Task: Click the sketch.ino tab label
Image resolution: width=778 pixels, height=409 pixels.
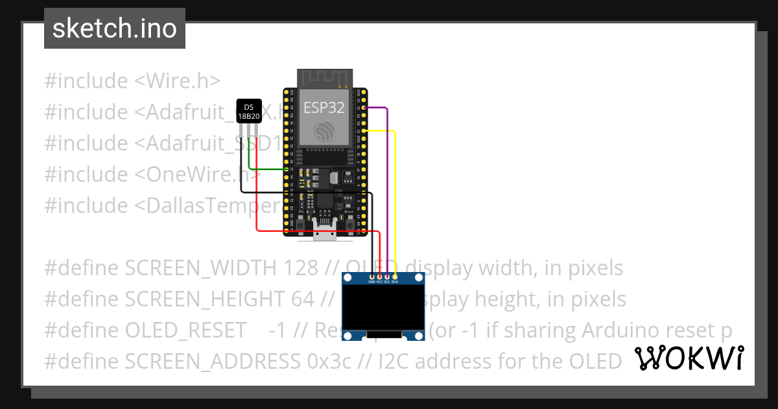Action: click(x=115, y=29)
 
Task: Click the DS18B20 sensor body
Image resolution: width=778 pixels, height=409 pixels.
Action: click(x=248, y=112)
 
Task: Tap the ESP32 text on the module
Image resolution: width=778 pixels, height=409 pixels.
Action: click(x=324, y=108)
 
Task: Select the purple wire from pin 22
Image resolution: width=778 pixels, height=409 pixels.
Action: click(x=387, y=169)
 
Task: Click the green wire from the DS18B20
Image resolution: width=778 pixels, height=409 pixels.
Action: click(x=266, y=169)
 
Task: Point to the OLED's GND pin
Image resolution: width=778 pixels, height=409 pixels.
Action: click(x=371, y=277)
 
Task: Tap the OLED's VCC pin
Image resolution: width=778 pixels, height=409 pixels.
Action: click(x=379, y=277)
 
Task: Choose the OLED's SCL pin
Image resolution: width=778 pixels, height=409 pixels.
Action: click(x=387, y=277)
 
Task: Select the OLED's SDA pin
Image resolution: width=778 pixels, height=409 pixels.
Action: click(x=395, y=277)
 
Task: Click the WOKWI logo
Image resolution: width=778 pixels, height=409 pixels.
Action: click(x=689, y=358)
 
